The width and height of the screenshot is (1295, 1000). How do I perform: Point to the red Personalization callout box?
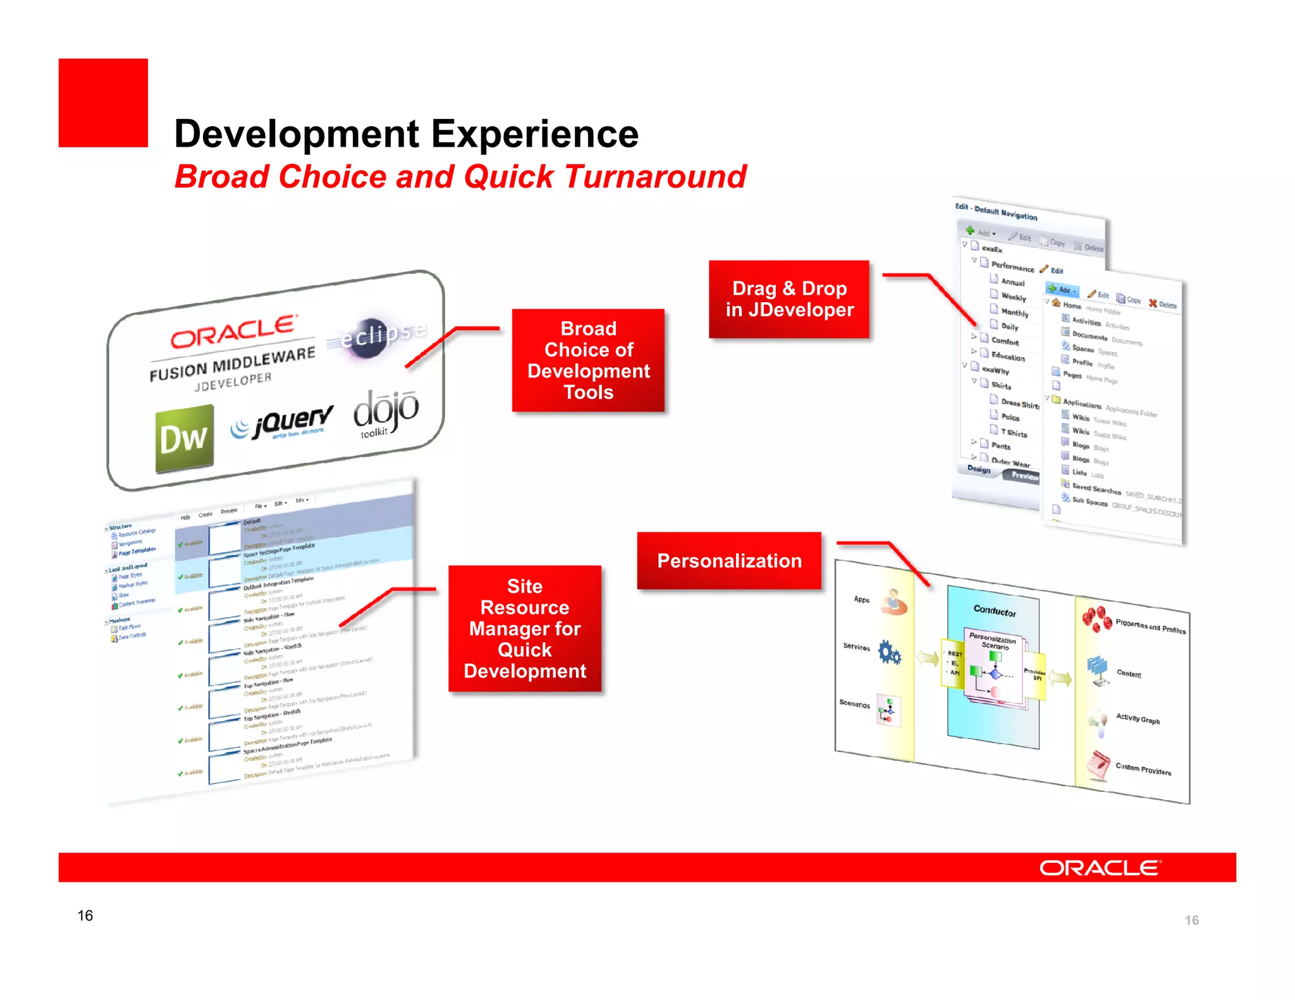pyautogui.click(x=728, y=561)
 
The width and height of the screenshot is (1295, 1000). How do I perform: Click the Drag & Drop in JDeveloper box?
pyautogui.click(x=789, y=299)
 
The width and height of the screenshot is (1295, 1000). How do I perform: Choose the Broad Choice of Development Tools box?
pyautogui.click(x=588, y=360)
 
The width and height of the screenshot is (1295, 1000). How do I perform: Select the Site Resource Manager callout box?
pyautogui.click(x=524, y=628)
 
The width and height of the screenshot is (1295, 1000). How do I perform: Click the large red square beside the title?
pyautogui.click(x=103, y=103)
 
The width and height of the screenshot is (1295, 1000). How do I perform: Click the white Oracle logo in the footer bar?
pyautogui.click(x=1100, y=867)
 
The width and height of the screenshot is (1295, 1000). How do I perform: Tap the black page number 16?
pyautogui.click(x=85, y=915)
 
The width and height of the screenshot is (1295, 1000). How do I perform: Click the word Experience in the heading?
pyautogui.click(x=534, y=134)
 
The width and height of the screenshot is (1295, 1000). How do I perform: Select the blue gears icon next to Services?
pyautogui.click(x=889, y=653)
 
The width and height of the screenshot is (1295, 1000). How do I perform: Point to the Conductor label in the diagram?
pyautogui.click(x=994, y=611)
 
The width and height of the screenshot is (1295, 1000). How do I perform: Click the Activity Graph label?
pyautogui.click(x=1137, y=719)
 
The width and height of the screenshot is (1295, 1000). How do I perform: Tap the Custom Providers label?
pyautogui.click(x=1143, y=769)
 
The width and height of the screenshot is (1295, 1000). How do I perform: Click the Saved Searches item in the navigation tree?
pyautogui.click(x=1096, y=489)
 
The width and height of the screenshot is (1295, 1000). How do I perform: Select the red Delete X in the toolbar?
pyautogui.click(x=1153, y=303)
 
